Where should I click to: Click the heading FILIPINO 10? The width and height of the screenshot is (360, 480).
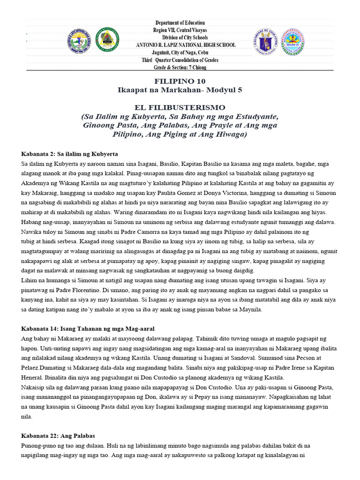click(180, 81)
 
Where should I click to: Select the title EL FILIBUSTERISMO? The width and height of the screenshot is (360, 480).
click(180, 107)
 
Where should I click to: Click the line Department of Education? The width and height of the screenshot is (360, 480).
click(180, 22)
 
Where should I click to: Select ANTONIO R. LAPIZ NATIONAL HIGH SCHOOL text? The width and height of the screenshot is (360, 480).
click(186, 45)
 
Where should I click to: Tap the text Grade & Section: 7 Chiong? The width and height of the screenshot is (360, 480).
click(180, 67)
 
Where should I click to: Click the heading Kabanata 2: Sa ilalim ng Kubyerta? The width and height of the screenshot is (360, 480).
click(69, 154)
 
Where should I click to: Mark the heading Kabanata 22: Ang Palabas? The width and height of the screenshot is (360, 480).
click(59, 435)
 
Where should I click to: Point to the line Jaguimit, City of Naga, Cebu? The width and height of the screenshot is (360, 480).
click(180, 52)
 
